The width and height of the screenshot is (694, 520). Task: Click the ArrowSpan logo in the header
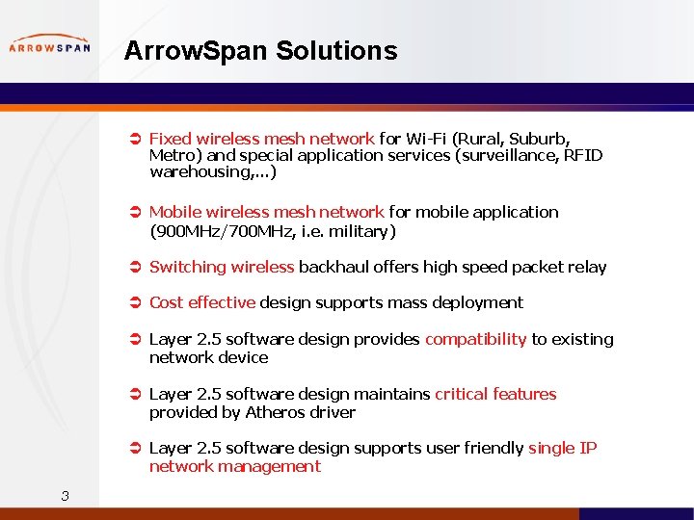[x=50, y=45]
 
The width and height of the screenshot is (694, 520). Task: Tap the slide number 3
[x=65, y=496]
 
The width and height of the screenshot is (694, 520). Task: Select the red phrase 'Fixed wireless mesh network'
[x=261, y=139]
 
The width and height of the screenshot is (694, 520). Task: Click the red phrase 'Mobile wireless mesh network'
[x=267, y=212]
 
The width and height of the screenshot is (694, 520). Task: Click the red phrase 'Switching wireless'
[x=222, y=267]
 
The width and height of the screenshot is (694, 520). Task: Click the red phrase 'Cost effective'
[x=202, y=302]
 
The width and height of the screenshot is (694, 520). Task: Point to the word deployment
[x=475, y=302]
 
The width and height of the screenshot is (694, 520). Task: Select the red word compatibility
[x=475, y=339]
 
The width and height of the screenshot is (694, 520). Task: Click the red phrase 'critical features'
[x=495, y=394]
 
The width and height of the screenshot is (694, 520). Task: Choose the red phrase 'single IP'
[x=563, y=448]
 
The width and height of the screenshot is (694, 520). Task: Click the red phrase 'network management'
[x=234, y=466]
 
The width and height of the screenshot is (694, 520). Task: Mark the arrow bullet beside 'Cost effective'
[x=136, y=302]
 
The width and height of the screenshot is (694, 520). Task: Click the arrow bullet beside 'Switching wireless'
[x=136, y=267]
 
